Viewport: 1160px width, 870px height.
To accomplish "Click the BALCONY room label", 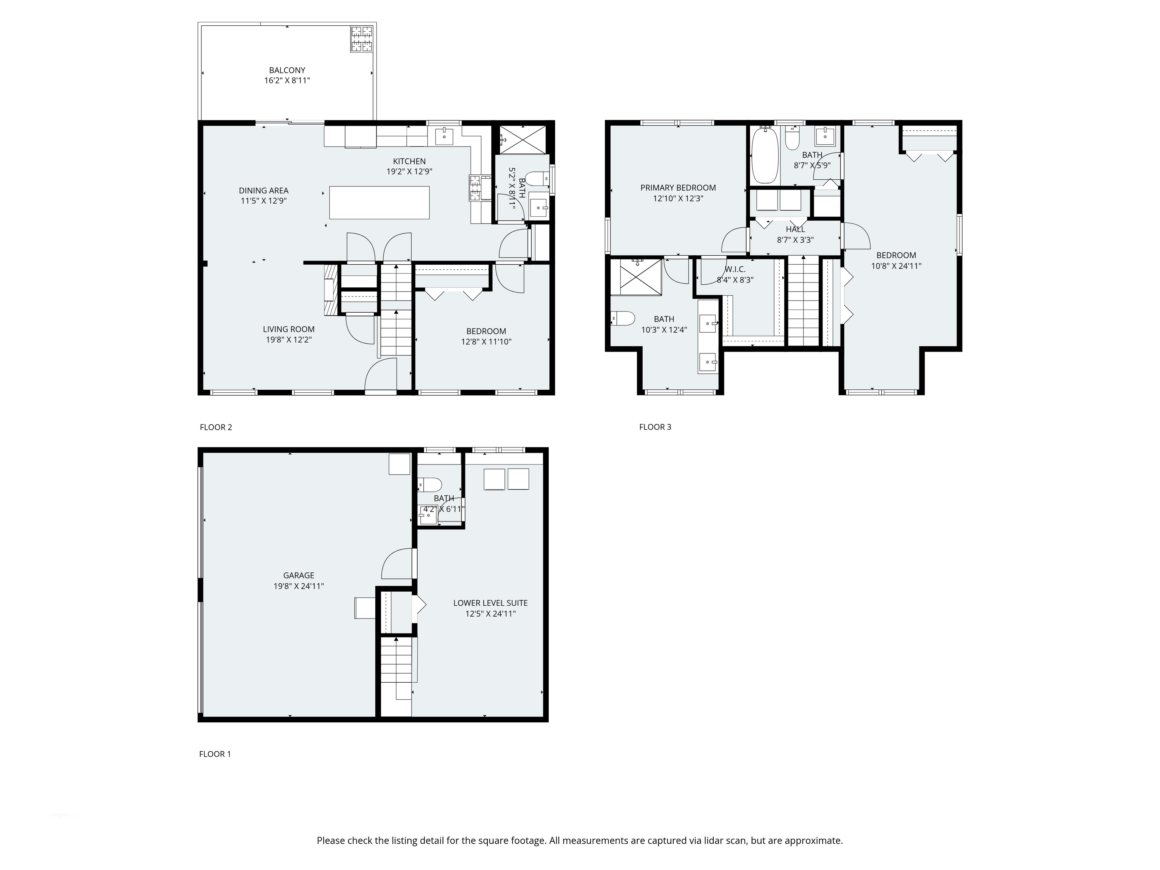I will [287, 70].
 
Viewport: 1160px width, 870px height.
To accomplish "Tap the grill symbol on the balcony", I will [361, 39].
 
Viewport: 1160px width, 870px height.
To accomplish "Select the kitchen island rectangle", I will [379, 202].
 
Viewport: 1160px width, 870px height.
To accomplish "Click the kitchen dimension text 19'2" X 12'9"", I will [409, 171].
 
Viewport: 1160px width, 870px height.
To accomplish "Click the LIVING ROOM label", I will [288, 329].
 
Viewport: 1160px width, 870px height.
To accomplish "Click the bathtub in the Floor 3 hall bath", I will [764, 155].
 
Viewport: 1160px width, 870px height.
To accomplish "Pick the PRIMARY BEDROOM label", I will [677, 188].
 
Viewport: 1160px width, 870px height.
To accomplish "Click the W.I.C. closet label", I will [735, 269].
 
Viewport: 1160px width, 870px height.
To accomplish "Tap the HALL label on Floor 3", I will [795, 229].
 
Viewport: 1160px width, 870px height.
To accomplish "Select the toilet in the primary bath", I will [623, 318].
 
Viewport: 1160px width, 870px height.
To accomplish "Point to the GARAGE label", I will [298, 575].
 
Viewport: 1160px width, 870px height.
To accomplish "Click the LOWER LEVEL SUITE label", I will [491, 603].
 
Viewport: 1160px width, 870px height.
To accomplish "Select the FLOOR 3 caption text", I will [655, 427].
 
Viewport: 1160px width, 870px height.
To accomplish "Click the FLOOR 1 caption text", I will [214, 754].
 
